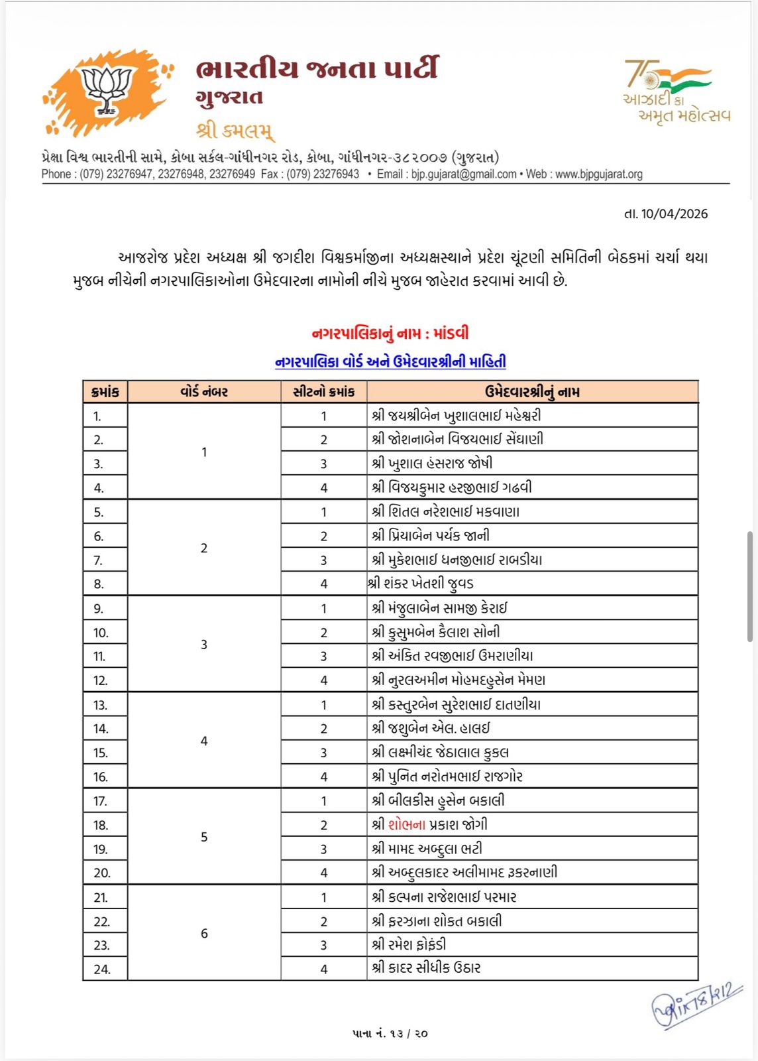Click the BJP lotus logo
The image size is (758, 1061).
click(x=106, y=91)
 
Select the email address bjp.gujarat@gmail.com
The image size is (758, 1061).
click(x=463, y=174)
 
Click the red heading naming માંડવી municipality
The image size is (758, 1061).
click(x=390, y=334)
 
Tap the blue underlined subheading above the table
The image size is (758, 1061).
click(x=390, y=362)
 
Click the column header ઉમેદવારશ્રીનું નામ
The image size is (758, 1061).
click(x=532, y=392)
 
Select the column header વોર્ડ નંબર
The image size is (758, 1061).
click(x=204, y=392)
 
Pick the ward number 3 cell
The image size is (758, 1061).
click(x=204, y=645)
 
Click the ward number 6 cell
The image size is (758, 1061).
click(x=204, y=933)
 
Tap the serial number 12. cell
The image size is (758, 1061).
click(x=101, y=680)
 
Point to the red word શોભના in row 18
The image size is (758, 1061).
click(x=407, y=825)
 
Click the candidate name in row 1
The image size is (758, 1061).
click(x=457, y=416)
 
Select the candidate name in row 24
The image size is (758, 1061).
click(x=427, y=968)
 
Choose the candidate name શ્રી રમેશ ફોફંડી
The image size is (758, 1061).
click(x=409, y=944)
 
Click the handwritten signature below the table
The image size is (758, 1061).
click(x=696, y=1004)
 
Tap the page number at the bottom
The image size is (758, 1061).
click(x=390, y=1033)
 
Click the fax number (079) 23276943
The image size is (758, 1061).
click(x=323, y=174)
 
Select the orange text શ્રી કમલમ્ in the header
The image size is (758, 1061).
click(x=235, y=130)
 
